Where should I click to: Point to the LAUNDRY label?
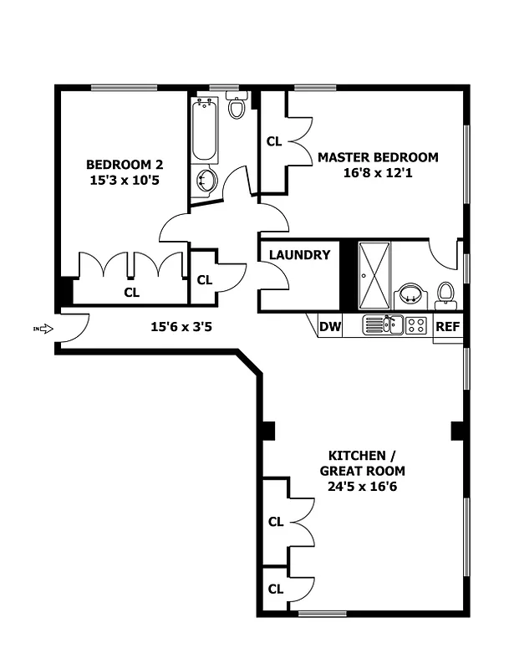point(299,255)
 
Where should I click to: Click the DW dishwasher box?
point(331,326)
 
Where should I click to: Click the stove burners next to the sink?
point(417,324)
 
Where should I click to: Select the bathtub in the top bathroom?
point(205,130)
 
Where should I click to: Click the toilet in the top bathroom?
point(237,107)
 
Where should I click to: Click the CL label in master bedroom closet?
point(273,141)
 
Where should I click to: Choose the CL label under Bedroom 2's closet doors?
point(131,292)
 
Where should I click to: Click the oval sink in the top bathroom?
point(206,180)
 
